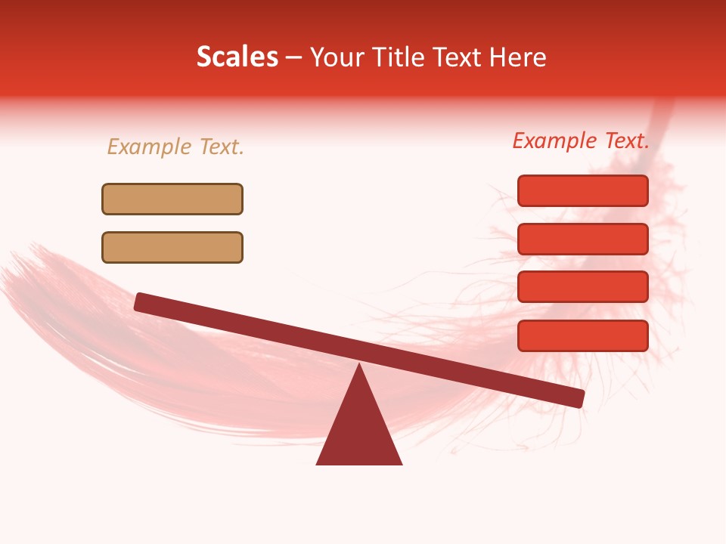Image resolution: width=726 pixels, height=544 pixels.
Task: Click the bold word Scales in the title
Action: click(237, 57)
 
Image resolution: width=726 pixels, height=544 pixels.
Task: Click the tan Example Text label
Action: click(175, 147)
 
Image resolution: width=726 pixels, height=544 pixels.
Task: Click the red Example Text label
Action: click(581, 141)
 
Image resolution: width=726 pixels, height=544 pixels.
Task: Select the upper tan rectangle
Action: click(172, 199)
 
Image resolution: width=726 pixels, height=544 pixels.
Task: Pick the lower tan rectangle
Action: click(172, 247)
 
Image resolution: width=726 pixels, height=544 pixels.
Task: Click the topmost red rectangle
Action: click(582, 190)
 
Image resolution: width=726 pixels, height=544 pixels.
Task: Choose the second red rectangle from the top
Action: click(582, 239)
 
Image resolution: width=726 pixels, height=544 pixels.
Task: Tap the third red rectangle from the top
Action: click(582, 287)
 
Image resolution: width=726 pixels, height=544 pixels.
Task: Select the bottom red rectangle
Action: click(582, 335)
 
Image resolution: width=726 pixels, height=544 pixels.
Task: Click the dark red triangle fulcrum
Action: click(359, 431)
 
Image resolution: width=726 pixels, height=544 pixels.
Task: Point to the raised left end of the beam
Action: click(141, 301)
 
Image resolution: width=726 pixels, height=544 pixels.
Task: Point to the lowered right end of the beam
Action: click(578, 398)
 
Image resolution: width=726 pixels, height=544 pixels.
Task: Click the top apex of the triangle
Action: click(359, 366)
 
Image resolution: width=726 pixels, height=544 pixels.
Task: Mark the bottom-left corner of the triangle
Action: click(318, 463)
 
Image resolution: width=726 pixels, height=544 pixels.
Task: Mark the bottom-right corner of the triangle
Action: click(401, 463)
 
